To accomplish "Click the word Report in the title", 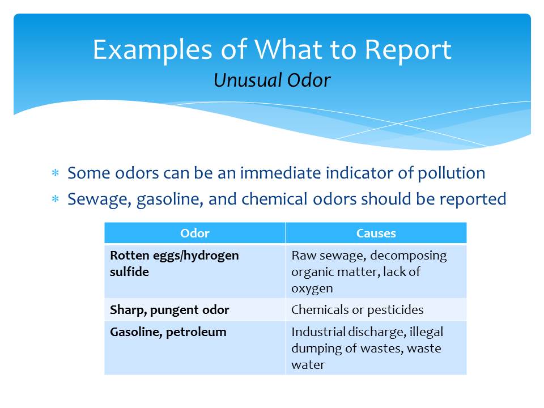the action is (408, 50).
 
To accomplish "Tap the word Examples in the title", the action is (152, 50).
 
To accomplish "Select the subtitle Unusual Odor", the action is (272, 80).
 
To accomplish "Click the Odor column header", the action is (194, 233).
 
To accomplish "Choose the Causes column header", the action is (376, 233).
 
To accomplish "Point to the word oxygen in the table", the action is (312, 288).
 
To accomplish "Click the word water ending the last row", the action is (308, 364).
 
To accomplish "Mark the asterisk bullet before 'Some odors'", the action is (55, 172).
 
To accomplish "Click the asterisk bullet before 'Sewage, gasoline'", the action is (55, 199).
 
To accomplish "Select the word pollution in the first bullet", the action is (452, 173).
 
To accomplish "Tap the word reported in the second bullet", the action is (473, 199).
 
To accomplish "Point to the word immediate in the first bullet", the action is (280, 172).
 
